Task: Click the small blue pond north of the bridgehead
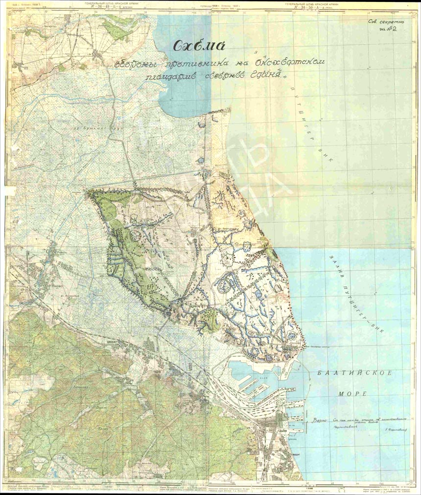click(201, 160)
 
